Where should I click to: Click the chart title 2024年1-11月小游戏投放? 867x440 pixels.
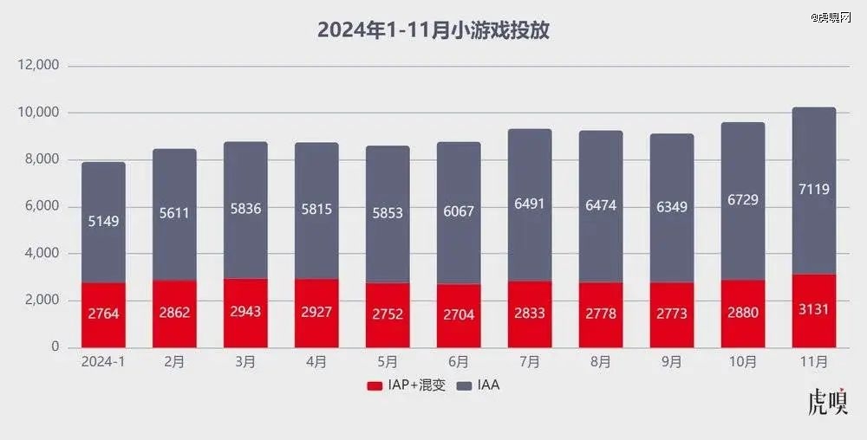[434, 30]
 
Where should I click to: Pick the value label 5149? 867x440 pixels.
[104, 221]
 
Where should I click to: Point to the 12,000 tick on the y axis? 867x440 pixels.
[40, 66]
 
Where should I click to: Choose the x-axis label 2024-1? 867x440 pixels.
[104, 361]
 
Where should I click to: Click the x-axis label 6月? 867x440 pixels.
[459, 361]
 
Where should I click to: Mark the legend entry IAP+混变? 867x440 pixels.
[406, 385]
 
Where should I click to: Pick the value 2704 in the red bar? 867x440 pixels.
[459, 314]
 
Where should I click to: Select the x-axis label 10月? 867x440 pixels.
[742, 361]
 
